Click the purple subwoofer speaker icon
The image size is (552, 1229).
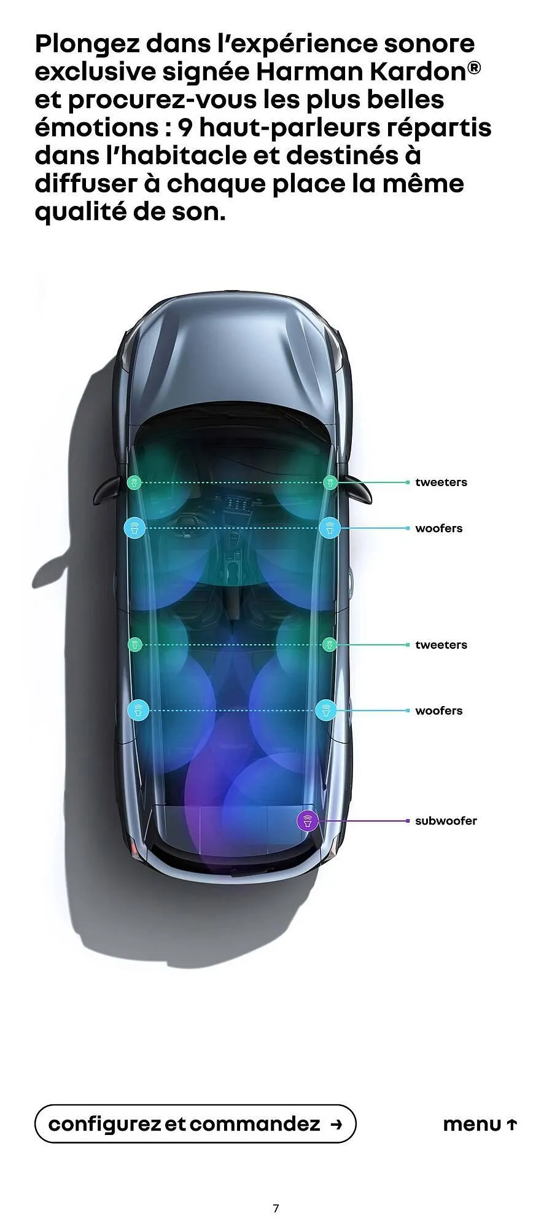[308, 821]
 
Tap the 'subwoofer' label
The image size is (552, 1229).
[446, 821]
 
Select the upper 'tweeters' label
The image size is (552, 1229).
[441, 482]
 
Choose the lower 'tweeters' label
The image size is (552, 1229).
[441, 645]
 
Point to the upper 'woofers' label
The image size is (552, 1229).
[438, 528]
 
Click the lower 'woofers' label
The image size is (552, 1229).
[438, 711]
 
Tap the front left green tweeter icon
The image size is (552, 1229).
[134, 482]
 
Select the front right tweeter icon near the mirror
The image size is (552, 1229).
[330, 482]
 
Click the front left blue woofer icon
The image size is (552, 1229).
[134, 528]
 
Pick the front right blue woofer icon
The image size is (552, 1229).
[330, 528]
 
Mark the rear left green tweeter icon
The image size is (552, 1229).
[135, 645]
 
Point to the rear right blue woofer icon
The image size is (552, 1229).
[325, 710]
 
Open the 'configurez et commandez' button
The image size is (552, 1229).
[195, 1124]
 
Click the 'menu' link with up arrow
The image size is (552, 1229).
[480, 1125]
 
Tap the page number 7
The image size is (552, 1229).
[276, 1208]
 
